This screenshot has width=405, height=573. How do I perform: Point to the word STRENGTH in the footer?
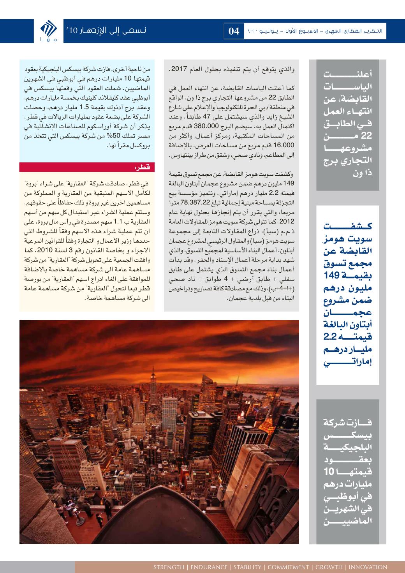pyautogui.click(x=169, y=567)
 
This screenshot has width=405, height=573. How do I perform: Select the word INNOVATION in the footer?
pyautogui.click(x=368, y=567)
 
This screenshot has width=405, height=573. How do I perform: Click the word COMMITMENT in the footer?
pyautogui.click(x=288, y=567)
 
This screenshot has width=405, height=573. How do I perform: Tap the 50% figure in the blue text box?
pyautogui.click(x=102, y=137)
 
